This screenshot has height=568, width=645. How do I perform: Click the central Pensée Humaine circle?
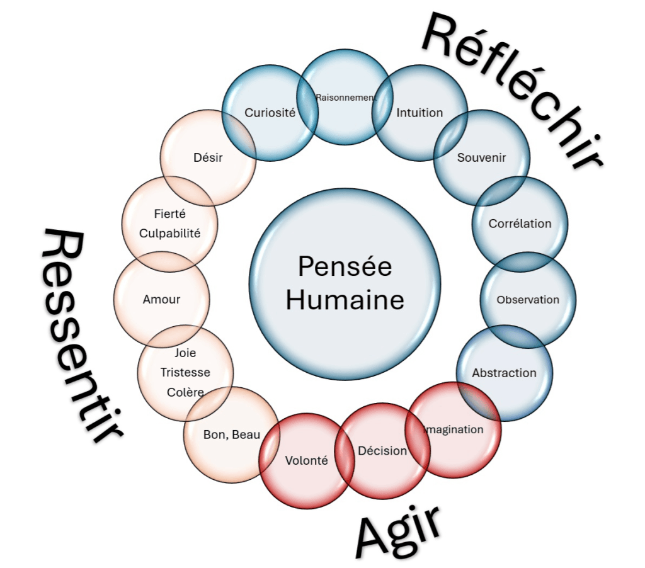(345, 284)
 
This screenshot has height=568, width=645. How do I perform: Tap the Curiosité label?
(270, 113)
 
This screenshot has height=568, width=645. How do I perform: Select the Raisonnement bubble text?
(346, 98)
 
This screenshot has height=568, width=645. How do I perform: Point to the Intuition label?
(420, 113)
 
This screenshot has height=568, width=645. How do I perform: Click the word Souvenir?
(481, 157)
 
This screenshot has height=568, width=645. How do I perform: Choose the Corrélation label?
(520, 224)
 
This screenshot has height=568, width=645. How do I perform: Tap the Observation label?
(528, 300)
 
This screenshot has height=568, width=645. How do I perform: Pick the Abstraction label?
(505, 373)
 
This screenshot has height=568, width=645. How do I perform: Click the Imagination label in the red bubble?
(454, 430)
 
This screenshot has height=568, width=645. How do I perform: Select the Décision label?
(382, 451)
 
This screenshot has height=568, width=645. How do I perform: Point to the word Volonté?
(307, 460)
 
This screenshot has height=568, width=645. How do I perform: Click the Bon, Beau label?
(232, 435)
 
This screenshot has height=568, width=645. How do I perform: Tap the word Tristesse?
(185, 372)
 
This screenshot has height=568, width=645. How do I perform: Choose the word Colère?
(185, 392)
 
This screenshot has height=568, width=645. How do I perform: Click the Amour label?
(161, 299)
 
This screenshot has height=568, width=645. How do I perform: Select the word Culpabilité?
(169, 233)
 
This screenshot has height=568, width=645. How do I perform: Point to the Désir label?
(208, 157)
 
